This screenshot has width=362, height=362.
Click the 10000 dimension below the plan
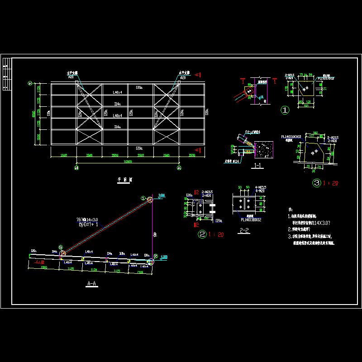point(128,161)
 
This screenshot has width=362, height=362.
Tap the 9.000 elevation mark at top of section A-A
point(162,195)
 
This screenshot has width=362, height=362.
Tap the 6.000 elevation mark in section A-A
point(164,257)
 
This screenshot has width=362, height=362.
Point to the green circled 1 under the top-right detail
point(285,110)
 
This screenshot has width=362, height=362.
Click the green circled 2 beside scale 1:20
point(202,234)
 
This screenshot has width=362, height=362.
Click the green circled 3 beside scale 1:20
point(317,183)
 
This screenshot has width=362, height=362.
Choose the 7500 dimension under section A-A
point(44,268)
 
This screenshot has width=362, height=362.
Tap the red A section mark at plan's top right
point(197,75)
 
